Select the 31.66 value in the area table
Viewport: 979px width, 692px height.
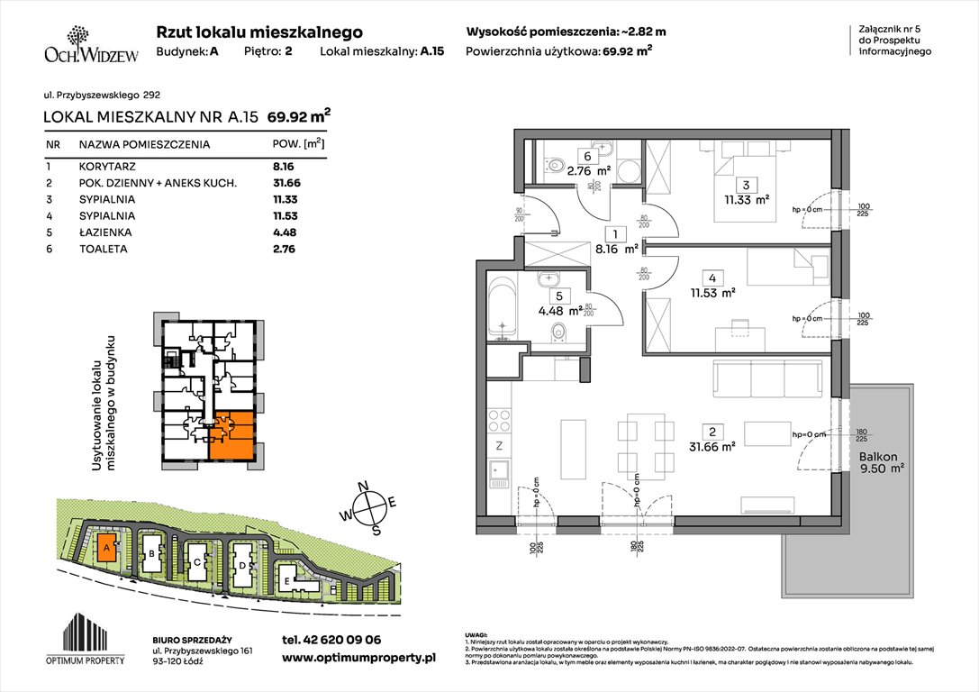284,183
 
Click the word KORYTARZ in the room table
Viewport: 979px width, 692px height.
107,167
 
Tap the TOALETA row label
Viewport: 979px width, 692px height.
103,248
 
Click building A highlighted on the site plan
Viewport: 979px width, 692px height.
106,548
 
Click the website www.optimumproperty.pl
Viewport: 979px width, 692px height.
358,659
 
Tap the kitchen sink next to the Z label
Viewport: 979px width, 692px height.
496,471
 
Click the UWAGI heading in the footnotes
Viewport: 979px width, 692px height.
478,633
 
